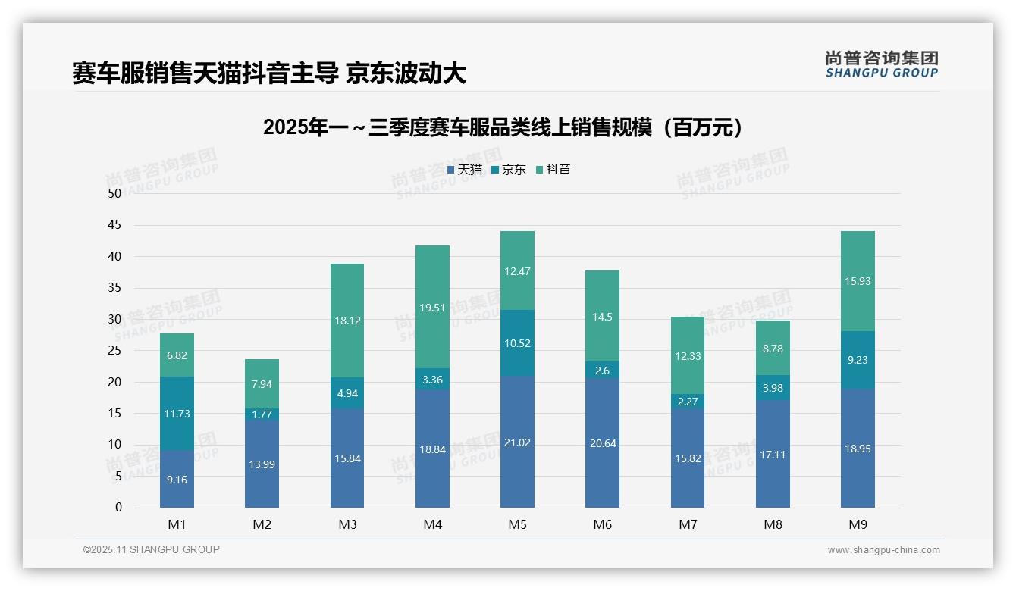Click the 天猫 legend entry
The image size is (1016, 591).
[x=465, y=170]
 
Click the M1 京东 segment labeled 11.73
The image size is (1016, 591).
[x=177, y=414]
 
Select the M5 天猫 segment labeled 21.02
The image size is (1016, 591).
[x=517, y=442]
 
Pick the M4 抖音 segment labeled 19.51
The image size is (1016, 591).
[x=432, y=307]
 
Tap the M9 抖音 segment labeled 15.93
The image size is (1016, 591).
[x=858, y=281]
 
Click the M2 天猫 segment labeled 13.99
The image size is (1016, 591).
[x=262, y=464]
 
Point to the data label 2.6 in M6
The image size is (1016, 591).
[x=603, y=371]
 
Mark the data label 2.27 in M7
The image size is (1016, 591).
[x=688, y=402]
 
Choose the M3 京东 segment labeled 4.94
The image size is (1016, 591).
[x=347, y=393]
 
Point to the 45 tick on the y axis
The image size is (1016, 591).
[x=114, y=225]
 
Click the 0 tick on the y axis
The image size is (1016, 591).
[x=118, y=508]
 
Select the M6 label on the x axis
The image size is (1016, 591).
[x=603, y=524]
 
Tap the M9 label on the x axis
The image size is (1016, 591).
[x=858, y=524]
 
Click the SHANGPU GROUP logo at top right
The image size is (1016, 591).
[x=882, y=64]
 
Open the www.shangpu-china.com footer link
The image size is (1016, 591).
[x=883, y=550]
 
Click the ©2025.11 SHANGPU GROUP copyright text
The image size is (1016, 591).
[x=152, y=549]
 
